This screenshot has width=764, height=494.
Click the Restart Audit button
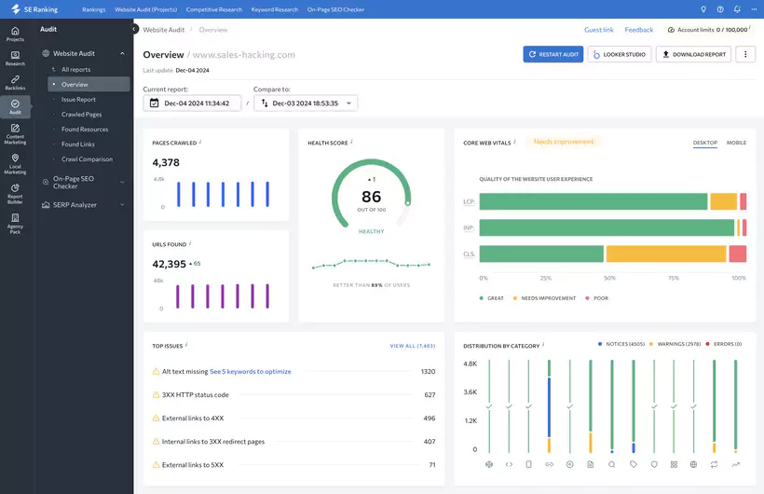(x=553, y=54)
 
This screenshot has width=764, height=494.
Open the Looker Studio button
(x=620, y=54)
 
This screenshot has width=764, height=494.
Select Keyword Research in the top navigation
(x=274, y=9)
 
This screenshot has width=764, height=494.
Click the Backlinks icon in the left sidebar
(x=15, y=82)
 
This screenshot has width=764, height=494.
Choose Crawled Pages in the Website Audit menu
(x=82, y=115)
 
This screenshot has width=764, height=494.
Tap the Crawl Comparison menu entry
(x=87, y=159)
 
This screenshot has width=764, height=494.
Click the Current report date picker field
(x=192, y=103)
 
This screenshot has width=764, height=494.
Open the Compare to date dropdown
(x=306, y=103)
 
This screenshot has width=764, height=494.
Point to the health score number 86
(x=371, y=197)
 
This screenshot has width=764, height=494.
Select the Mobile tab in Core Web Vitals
(x=736, y=143)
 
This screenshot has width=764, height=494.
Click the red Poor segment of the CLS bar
(x=737, y=254)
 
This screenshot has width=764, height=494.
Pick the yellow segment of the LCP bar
(x=723, y=201)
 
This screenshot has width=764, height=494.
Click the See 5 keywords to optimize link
(x=251, y=371)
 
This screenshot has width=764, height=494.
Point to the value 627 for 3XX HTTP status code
(x=430, y=394)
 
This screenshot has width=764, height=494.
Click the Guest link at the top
(x=599, y=30)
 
